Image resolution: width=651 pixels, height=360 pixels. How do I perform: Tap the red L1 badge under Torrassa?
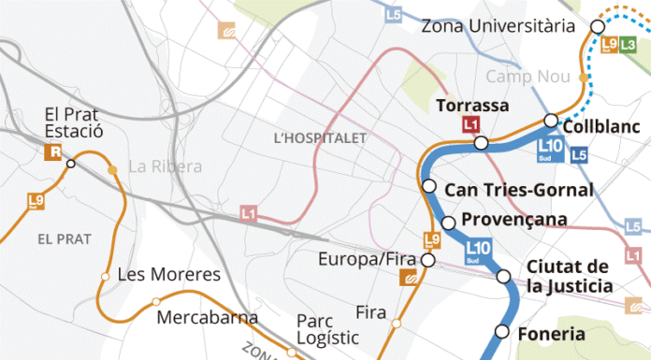coord(472,124)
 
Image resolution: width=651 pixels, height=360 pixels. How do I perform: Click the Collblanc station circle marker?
coord(551,120)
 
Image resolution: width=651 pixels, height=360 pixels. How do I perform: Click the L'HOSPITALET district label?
coord(321,137)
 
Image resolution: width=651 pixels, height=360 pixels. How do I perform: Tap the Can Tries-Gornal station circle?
coord(429,186)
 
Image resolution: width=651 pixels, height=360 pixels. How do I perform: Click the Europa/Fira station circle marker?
coord(429,259)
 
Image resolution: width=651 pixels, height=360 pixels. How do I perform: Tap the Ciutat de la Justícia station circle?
coord(503,277)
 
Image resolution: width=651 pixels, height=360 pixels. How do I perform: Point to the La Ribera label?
coord(165,167)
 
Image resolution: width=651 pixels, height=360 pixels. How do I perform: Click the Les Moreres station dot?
coord(105,275)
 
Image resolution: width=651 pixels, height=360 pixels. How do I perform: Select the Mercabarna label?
coord(208,317)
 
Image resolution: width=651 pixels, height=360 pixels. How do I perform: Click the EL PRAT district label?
coord(65,238)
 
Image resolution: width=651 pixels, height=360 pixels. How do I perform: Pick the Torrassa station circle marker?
coord(481,142)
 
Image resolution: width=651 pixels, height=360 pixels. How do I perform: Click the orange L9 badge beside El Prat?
coord(36,200)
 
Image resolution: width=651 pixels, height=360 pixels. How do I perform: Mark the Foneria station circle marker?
coord(502,332)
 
